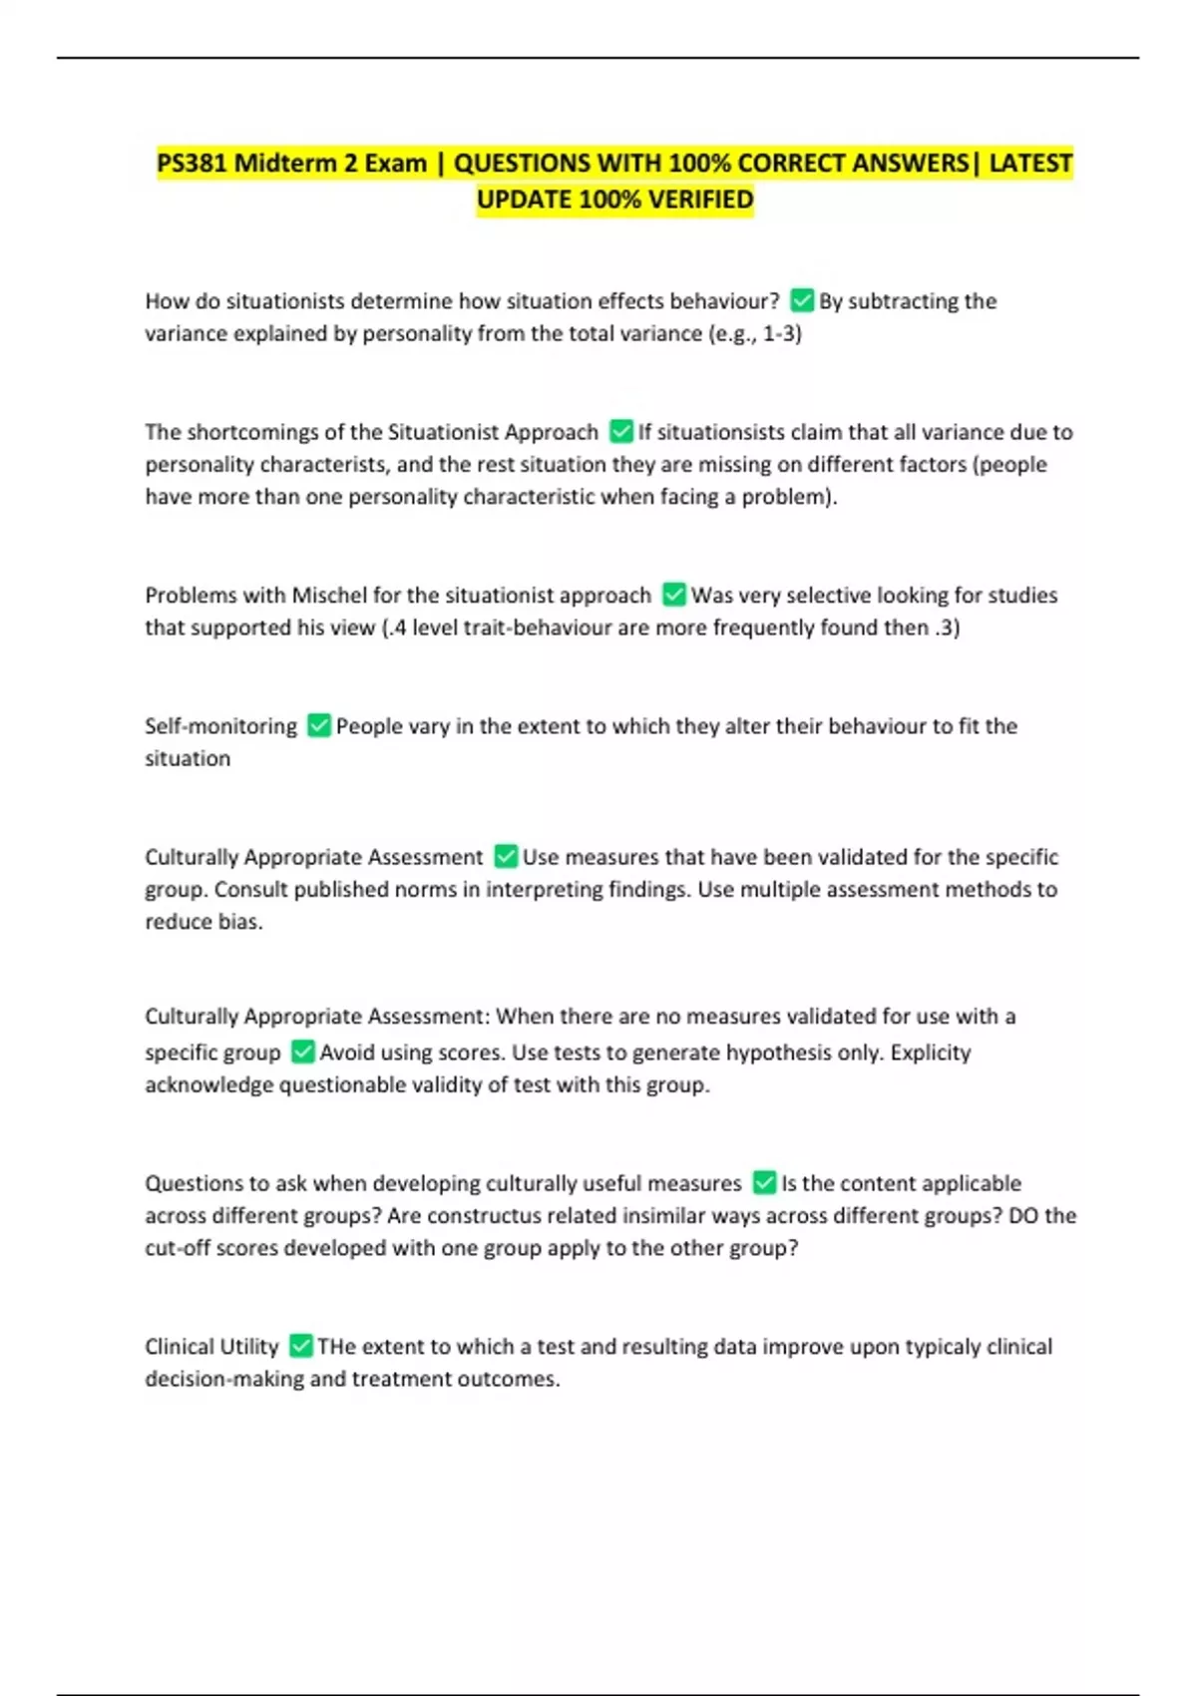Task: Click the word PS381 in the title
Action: coord(192,163)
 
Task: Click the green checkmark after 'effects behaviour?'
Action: coord(802,300)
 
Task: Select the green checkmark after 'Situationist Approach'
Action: coord(620,431)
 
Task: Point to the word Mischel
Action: coord(328,595)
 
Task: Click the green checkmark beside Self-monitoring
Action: coord(318,725)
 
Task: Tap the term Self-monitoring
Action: coord(220,725)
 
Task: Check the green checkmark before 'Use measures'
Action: coord(506,856)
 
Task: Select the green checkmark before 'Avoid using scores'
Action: coord(302,1052)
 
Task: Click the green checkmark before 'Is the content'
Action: coord(764,1182)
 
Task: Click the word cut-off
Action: coord(178,1248)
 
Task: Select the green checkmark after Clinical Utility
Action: coord(300,1346)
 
